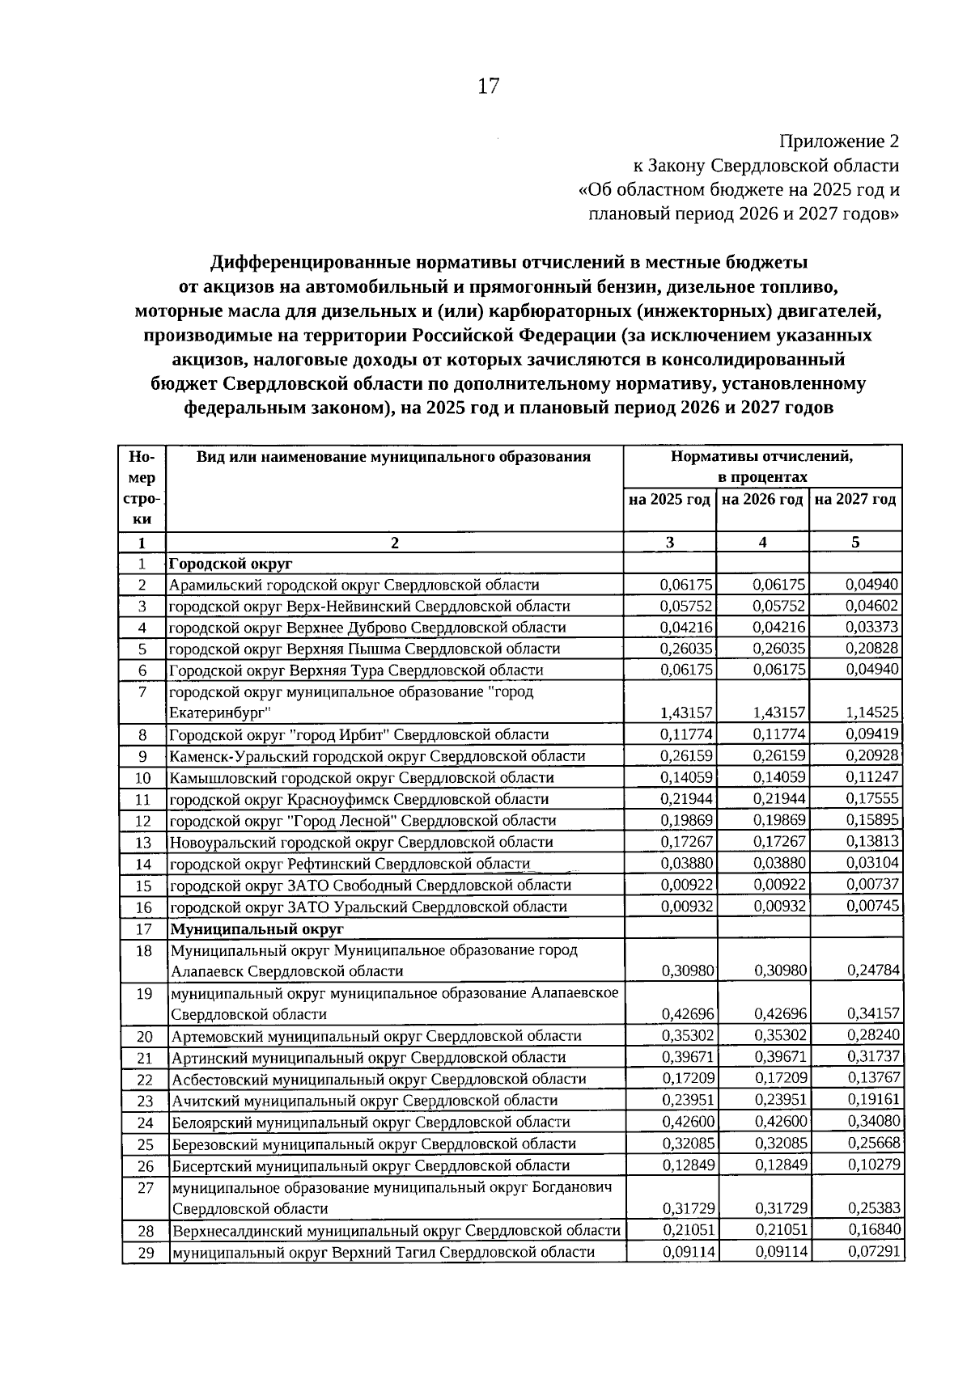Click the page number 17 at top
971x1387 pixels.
488,86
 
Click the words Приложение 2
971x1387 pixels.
838,142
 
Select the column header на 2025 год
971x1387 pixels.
669,499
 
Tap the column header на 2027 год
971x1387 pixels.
855,499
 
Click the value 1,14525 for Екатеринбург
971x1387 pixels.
872,713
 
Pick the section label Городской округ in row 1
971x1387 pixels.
231,563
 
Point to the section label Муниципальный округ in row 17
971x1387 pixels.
257,928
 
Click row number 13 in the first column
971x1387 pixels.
143,843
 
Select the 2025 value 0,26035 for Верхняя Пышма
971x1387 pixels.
686,648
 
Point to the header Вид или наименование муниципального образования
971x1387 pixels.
393,457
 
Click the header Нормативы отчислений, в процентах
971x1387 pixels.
762,467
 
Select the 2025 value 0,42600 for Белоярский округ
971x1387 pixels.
687,1122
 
